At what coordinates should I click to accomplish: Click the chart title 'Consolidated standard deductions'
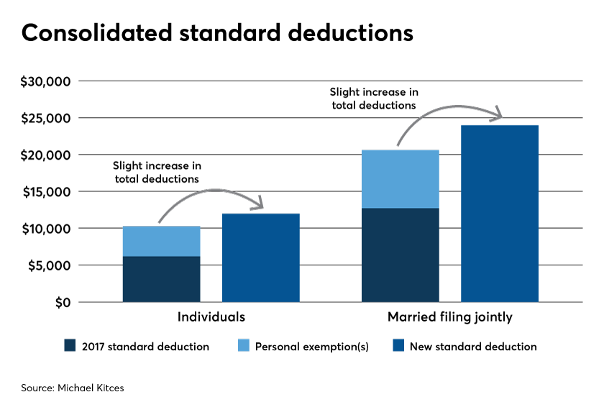point(217,32)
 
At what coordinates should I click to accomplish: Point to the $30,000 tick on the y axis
point(45,81)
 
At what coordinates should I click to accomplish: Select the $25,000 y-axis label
point(46,118)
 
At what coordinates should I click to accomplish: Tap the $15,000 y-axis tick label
point(47,192)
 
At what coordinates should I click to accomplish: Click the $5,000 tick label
point(50,265)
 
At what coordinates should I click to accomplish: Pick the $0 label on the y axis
point(63,303)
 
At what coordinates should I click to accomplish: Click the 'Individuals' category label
point(211,316)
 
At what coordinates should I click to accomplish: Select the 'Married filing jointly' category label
point(450,317)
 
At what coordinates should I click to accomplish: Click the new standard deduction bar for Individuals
point(261,258)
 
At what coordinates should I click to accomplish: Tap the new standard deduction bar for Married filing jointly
point(500,214)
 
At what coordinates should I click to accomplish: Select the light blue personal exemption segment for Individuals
point(161,241)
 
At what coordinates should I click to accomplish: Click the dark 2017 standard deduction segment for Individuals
point(161,279)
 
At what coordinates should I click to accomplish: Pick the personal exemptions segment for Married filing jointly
point(401,179)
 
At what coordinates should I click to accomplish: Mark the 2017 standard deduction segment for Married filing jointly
point(401,255)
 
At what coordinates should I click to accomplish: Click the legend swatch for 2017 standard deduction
point(70,345)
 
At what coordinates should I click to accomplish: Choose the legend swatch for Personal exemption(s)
point(244,345)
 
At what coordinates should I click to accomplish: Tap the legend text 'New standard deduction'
point(473,347)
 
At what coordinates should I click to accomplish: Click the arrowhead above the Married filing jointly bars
point(498,114)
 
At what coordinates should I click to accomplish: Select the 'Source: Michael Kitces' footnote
point(73,388)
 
